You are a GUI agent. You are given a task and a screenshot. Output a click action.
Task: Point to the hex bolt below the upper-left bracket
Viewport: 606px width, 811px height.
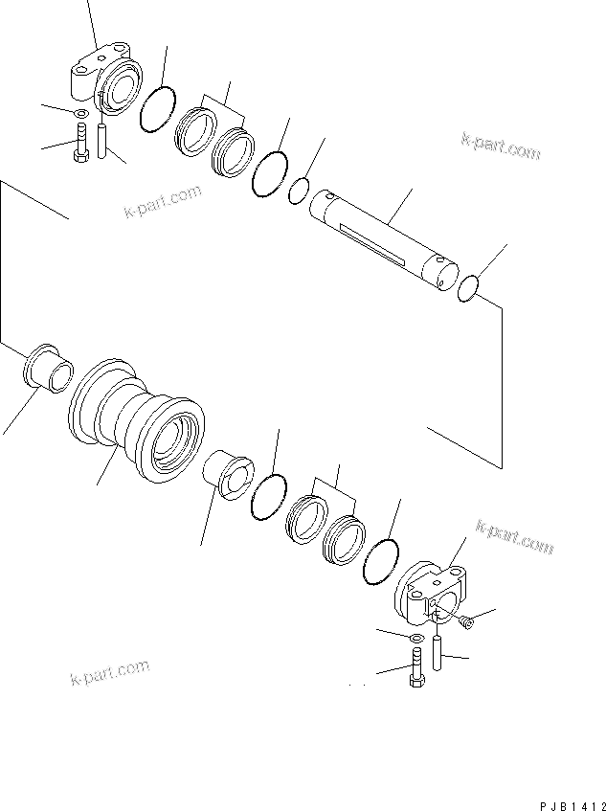point(81,145)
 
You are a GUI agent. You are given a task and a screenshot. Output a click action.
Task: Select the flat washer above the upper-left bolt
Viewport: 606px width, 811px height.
point(80,116)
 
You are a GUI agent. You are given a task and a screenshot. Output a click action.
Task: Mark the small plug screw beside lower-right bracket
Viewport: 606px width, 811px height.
point(464,622)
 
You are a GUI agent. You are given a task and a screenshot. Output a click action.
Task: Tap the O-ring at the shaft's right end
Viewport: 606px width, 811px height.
point(467,287)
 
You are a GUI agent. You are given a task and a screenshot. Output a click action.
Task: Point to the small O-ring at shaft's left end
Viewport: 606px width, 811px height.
point(299,192)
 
